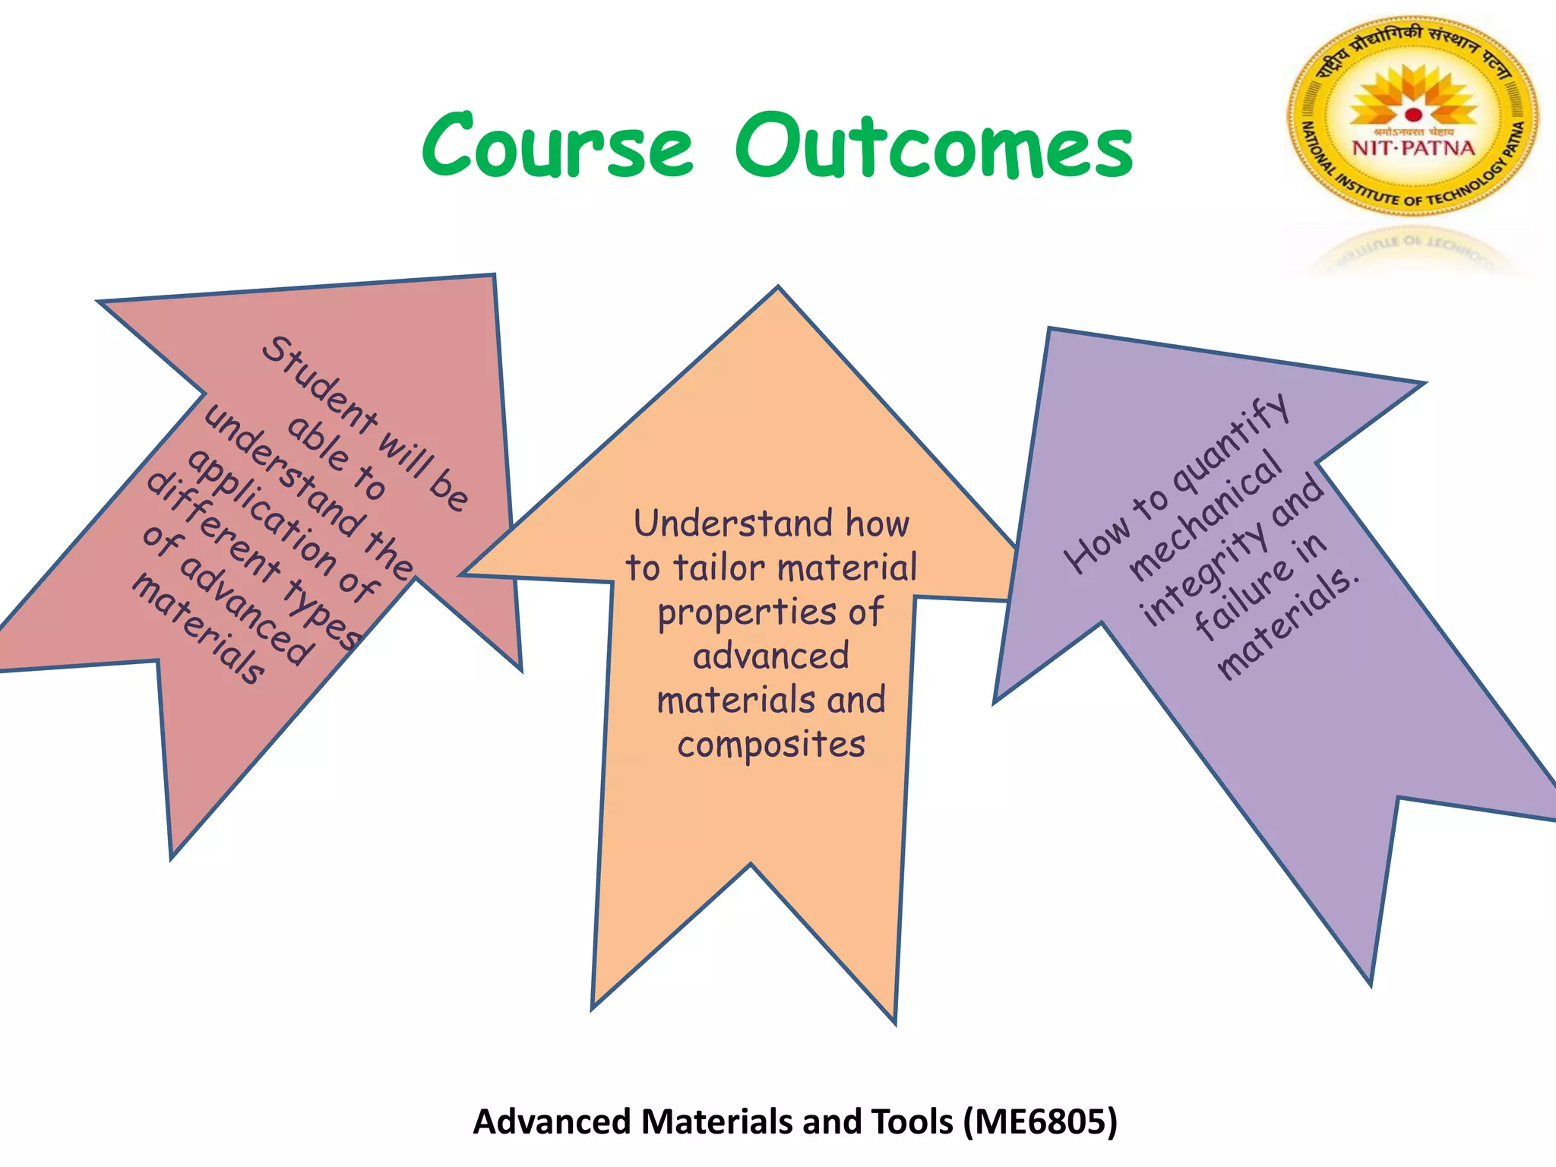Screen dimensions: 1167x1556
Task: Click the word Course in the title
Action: click(x=558, y=146)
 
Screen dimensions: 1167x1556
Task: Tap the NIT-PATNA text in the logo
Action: click(x=1413, y=148)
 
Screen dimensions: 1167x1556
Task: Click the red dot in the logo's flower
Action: click(x=1413, y=115)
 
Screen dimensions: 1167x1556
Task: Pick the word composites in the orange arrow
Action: click(x=771, y=745)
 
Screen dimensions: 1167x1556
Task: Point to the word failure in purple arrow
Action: click(x=1242, y=600)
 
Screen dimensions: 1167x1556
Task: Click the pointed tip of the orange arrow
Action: click(x=777, y=290)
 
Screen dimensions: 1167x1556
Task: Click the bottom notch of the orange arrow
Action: click(x=751, y=866)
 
